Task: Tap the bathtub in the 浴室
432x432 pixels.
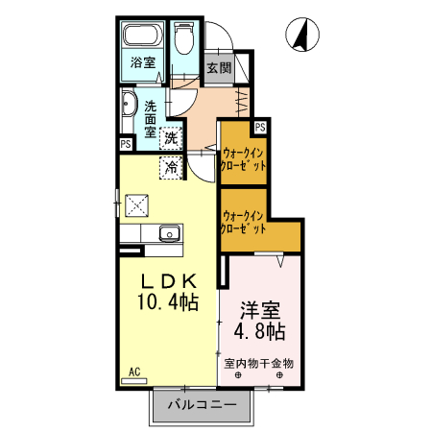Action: tap(145, 39)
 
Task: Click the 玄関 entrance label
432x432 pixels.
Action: tap(219, 68)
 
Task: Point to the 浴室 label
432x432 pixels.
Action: tap(144, 65)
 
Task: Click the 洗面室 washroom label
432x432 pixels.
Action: tap(150, 119)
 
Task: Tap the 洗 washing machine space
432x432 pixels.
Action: tap(172, 138)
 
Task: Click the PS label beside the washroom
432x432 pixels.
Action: tap(126, 144)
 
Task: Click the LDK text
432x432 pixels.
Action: tap(170, 281)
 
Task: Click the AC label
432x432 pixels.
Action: tap(133, 371)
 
